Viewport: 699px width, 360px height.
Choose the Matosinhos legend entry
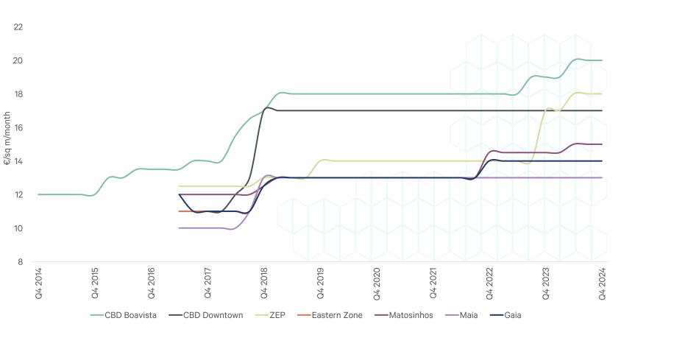point(408,315)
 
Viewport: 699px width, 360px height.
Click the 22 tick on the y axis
point(19,27)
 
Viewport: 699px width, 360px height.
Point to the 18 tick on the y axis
point(19,93)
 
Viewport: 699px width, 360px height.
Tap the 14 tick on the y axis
point(19,160)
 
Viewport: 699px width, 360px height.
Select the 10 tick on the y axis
point(19,228)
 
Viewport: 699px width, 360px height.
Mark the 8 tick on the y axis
point(19,261)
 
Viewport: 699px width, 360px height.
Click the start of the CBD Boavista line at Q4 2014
point(39,194)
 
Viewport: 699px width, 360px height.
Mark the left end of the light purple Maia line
point(180,228)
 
